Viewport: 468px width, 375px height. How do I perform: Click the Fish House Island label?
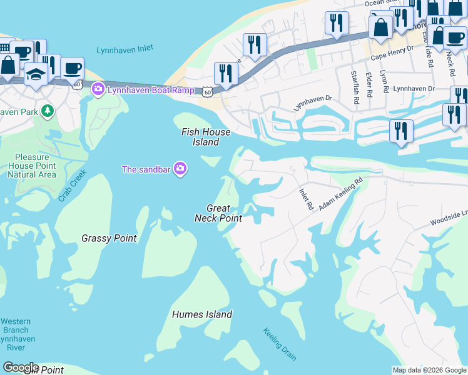point(206,137)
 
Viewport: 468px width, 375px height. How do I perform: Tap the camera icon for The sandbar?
point(180,169)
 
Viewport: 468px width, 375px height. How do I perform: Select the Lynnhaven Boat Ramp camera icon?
point(98,90)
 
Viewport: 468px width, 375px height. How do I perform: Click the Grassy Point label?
point(109,238)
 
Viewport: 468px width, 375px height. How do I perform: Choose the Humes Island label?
point(202,315)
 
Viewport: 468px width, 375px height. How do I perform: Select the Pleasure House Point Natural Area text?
point(31,166)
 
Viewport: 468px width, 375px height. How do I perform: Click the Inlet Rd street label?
point(305,199)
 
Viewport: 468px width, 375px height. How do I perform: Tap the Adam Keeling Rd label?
point(341,195)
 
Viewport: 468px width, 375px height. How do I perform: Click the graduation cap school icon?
point(36,75)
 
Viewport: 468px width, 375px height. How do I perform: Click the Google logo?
point(20,367)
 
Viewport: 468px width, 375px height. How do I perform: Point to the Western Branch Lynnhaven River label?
point(16,334)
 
